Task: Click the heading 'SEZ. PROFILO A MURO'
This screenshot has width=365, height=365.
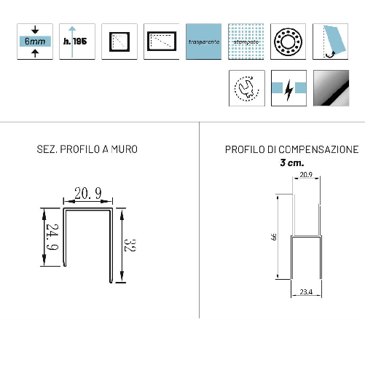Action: (87, 150)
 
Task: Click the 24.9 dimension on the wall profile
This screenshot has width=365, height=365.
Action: (52, 236)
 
